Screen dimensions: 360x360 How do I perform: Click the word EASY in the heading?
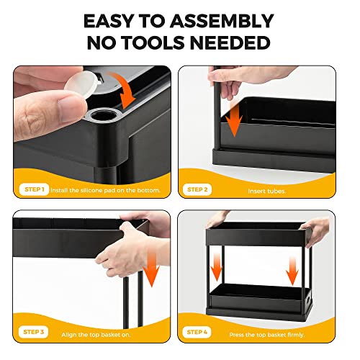[108, 20]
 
